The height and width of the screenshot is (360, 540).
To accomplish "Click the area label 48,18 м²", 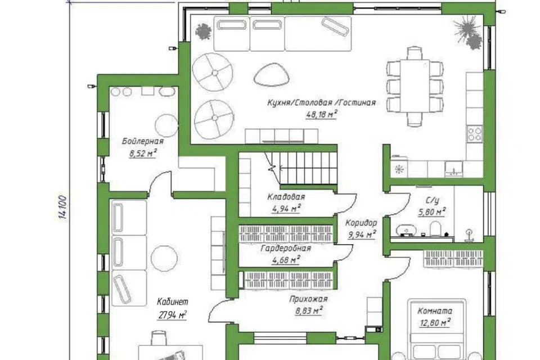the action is pyautogui.click(x=321, y=114).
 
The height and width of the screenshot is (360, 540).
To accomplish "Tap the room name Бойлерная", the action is pyautogui.click(x=143, y=141).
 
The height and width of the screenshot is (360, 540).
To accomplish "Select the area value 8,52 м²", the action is pyautogui.click(x=143, y=154).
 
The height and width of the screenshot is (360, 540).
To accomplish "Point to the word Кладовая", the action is pyautogui.click(x=286, y=197).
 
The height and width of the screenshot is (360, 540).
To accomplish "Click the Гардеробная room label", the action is pyautogui.click(x=286, y=248).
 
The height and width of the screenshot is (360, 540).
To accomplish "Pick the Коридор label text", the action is pyautogui.click(x=361, y=223).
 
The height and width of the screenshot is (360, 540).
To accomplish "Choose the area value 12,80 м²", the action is pyautogui.click(x=435, y=323).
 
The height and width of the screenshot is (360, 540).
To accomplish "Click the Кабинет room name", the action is pyautogui.click(x=173, y=302).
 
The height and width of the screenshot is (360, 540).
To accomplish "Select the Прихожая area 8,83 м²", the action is pyautogui.click(x=309, y=311).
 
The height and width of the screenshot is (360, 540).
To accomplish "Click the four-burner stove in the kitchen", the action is pyautogui.click(x=475, y=134).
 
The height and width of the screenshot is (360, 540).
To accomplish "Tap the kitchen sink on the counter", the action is pyautogui.click(x=454, y=168).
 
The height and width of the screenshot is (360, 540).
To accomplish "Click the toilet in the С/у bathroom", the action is pyautogui.click(x=435, y=229).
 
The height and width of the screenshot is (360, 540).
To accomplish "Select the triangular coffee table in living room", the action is pyautogui.click(x=271, y=75).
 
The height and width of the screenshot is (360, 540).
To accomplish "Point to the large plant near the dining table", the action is pyautogui.click(x=467, y=31).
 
